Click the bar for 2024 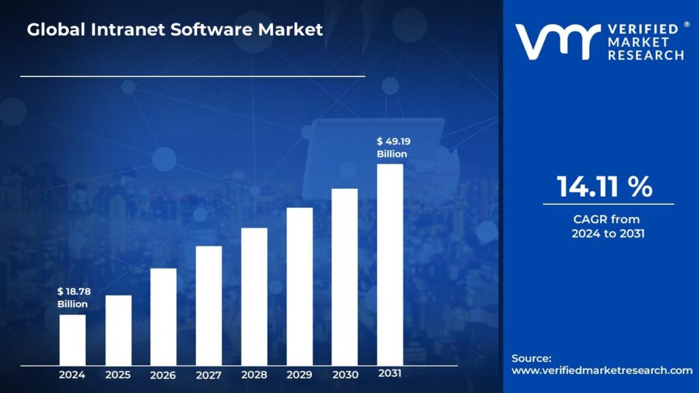click(x=72, y=339)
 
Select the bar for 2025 click(x=118, y=330)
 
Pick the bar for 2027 click(x=209, y=305)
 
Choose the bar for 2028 click(x=254, y=296)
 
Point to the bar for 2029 click(x=300, y=286)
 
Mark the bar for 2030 click(x=345, y=276)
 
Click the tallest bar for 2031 click(x=390, y=264)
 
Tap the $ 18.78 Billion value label click(x=72, y=297)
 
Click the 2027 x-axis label click(x=208, y=375)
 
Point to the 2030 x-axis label click(x=345, y=375)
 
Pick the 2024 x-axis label click(x=72, y=375)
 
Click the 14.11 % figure click(x=605, y=186)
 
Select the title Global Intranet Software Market click(x=175, y=30)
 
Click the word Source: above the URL click(x=532, y=358)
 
